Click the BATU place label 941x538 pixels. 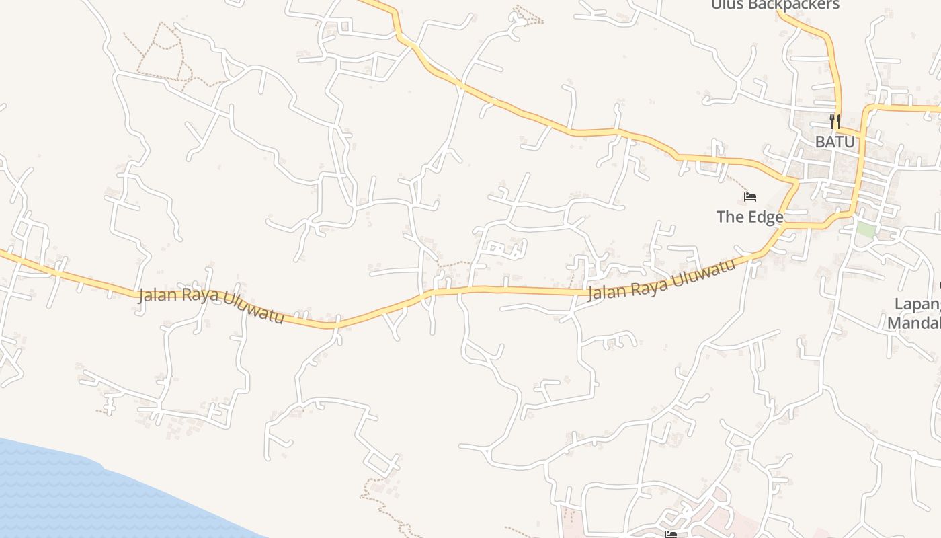click(835, 142)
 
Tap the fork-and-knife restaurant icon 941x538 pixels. click(835, 122)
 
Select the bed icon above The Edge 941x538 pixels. click(750, 197)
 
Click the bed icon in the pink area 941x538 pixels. click(670, 534)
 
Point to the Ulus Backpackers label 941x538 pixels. click(776, 5)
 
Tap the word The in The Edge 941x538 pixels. click(729, 217)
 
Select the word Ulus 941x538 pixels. click(727, 5)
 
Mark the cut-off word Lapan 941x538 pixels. click(917, 304)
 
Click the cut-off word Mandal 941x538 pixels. click(914, 323)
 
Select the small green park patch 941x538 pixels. click(866, 229)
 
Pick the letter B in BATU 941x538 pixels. click(820, 142)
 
